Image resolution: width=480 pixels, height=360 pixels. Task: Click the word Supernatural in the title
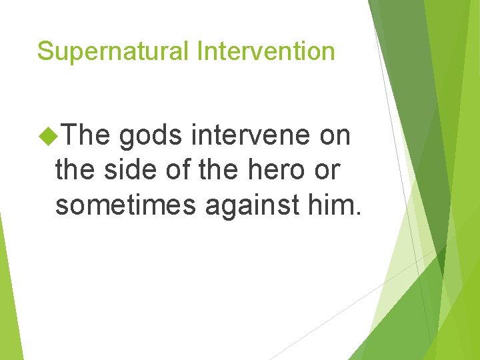(113, 51)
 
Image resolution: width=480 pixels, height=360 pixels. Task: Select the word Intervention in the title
(265, 51)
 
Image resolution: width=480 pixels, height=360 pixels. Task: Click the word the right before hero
(217, 171)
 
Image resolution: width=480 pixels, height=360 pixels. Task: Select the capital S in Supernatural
(45, 51)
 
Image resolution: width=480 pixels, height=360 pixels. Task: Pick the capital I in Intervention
(199, 51)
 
